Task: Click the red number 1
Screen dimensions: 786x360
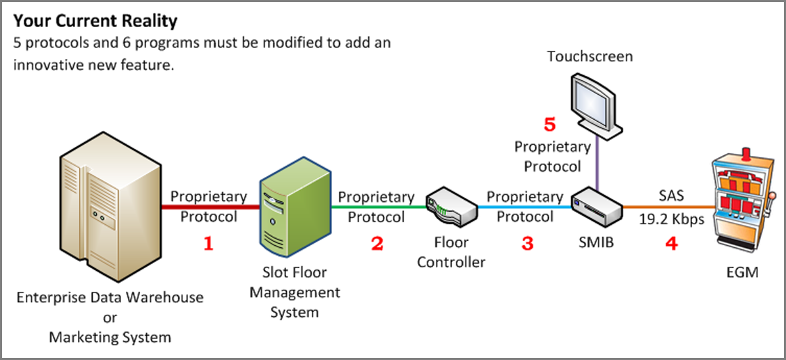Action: point(209,244)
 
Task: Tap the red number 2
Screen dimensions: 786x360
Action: point(377,244)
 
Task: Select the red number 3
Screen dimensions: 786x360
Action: point(527,244)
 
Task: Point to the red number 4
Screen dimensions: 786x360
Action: point(672,244)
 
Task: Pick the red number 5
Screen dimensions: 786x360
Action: point(550,125)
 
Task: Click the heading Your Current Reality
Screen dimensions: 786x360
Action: point(95,21)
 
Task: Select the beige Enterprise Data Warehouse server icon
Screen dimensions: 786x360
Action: point(110,207)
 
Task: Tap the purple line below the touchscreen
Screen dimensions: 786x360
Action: point(597,163)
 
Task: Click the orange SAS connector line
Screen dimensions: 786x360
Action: point(668,207)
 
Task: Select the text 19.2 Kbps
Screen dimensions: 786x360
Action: point(672,219)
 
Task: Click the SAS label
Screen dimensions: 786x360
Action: point(671,195)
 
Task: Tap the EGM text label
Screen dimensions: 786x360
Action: point(742,272)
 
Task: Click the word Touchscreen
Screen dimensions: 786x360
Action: point(590,56)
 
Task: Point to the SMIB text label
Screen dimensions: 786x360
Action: point(596,243)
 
